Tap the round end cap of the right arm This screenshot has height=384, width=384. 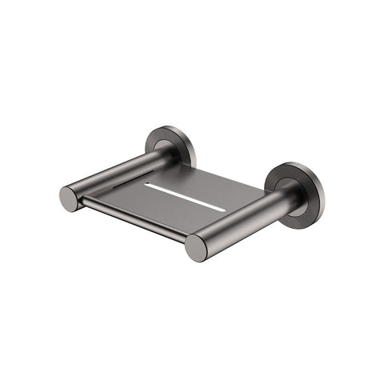coord(197,248)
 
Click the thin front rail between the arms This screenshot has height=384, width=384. coord(133,220)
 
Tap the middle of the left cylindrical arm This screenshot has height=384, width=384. coord(120,174)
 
